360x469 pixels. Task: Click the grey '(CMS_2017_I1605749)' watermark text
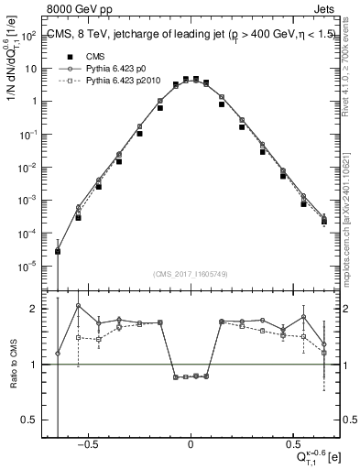[191, 275]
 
